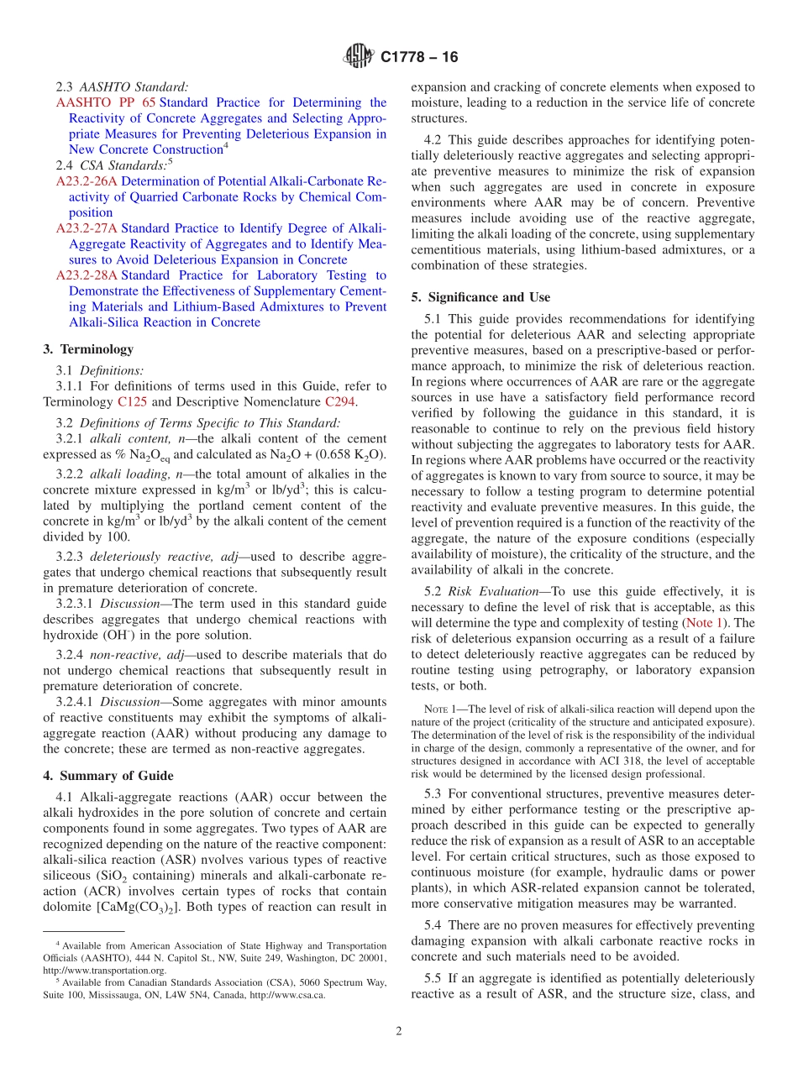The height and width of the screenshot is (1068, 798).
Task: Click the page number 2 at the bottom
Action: tap(399, 1031)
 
